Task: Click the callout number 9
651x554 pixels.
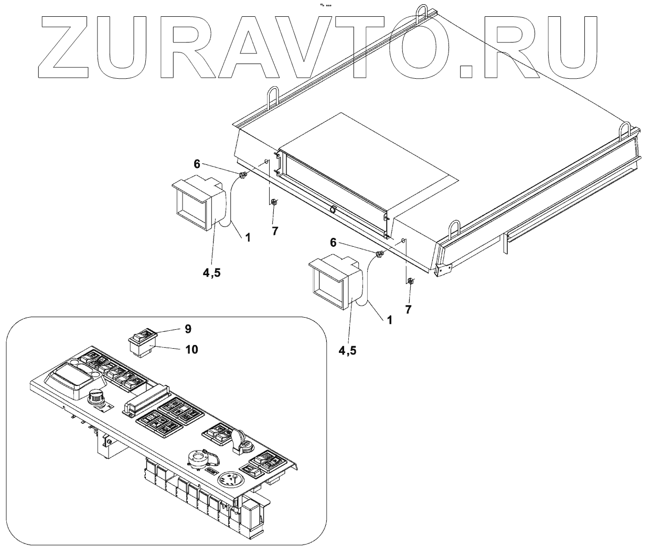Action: click(188, 329)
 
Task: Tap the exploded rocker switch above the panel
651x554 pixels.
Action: click(142, 341)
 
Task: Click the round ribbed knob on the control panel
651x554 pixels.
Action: click(97, 398)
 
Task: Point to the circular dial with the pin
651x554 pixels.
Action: click(232, 481)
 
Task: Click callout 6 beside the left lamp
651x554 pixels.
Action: click(197, 164)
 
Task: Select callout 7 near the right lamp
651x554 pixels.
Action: click(408, 310)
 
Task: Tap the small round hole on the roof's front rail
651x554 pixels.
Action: click(332, 210)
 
